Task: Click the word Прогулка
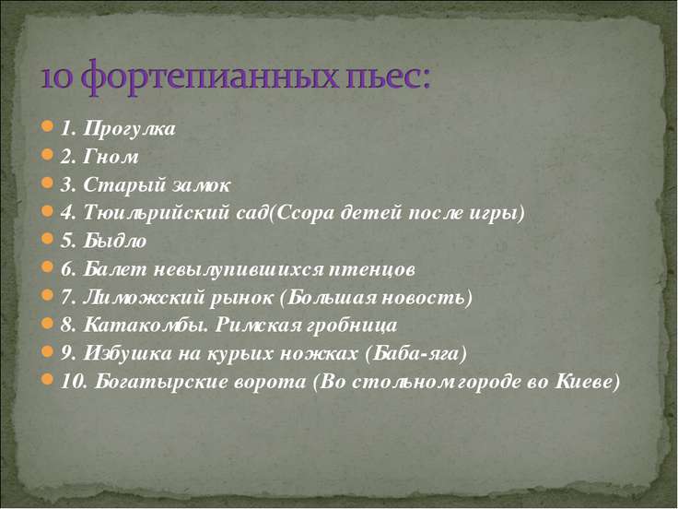[129, 129]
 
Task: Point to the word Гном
[111, 157]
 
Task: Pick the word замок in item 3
[201, 185]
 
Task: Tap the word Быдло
[114, 241]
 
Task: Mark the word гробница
[351, 326]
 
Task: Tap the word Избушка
[127, 353]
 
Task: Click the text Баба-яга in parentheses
[416, 353]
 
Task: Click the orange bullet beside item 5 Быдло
[47, 239]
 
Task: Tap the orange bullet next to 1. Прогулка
[47, 127]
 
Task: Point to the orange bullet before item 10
[47, 380]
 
